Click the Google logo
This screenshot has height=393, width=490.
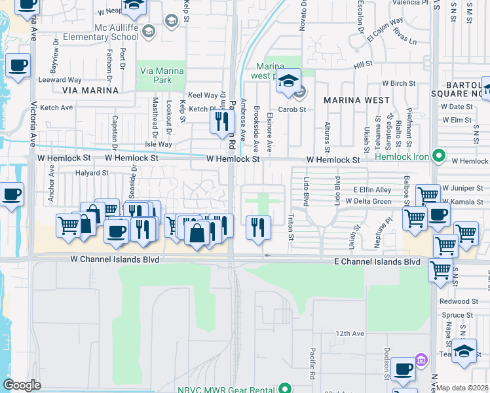pos(22,385)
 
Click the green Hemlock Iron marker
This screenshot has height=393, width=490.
pos(439,157)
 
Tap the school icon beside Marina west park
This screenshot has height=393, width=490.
pos(288,81)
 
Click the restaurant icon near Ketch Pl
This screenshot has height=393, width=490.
pos(222,121)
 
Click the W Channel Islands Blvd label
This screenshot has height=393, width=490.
pos(115,260)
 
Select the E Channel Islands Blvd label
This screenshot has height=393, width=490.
pos(376,261)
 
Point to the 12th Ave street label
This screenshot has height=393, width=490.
pos(350,333)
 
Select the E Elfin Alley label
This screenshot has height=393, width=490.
pos(372,189)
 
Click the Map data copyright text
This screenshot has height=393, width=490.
pos(462,388)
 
